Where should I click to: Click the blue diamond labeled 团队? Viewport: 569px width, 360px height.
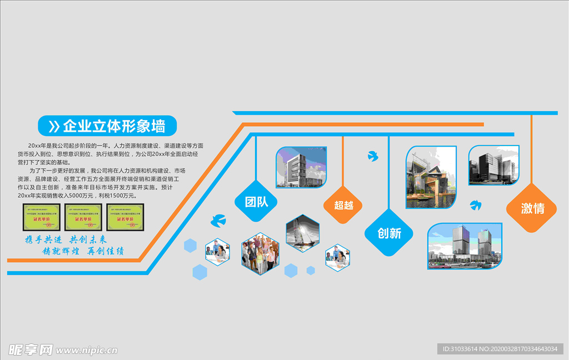click(256, 202)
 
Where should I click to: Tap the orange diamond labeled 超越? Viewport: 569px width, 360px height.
click(343, 205)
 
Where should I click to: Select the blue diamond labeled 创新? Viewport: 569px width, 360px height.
click(389, 233)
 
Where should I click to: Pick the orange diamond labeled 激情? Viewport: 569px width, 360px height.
click(532, 208)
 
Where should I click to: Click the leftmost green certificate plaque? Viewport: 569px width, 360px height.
click(42, 217)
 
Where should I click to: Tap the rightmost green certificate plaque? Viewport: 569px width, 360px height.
click(125, 217)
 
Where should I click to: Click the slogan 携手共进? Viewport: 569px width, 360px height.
click(43, 239)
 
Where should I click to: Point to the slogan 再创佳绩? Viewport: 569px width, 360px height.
click(106, 251)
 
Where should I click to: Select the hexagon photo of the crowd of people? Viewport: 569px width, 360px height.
click(260, 253)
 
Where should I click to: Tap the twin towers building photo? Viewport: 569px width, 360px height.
click(465, 246)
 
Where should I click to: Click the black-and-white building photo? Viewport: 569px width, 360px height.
click(493, 165)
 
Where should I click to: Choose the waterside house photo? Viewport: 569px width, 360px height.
click(431, 177)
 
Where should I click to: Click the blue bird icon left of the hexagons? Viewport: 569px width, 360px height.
click(218, 221)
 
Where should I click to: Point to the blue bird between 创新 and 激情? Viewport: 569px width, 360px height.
click(475, 205)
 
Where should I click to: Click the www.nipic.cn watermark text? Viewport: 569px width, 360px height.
click(86, 350)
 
